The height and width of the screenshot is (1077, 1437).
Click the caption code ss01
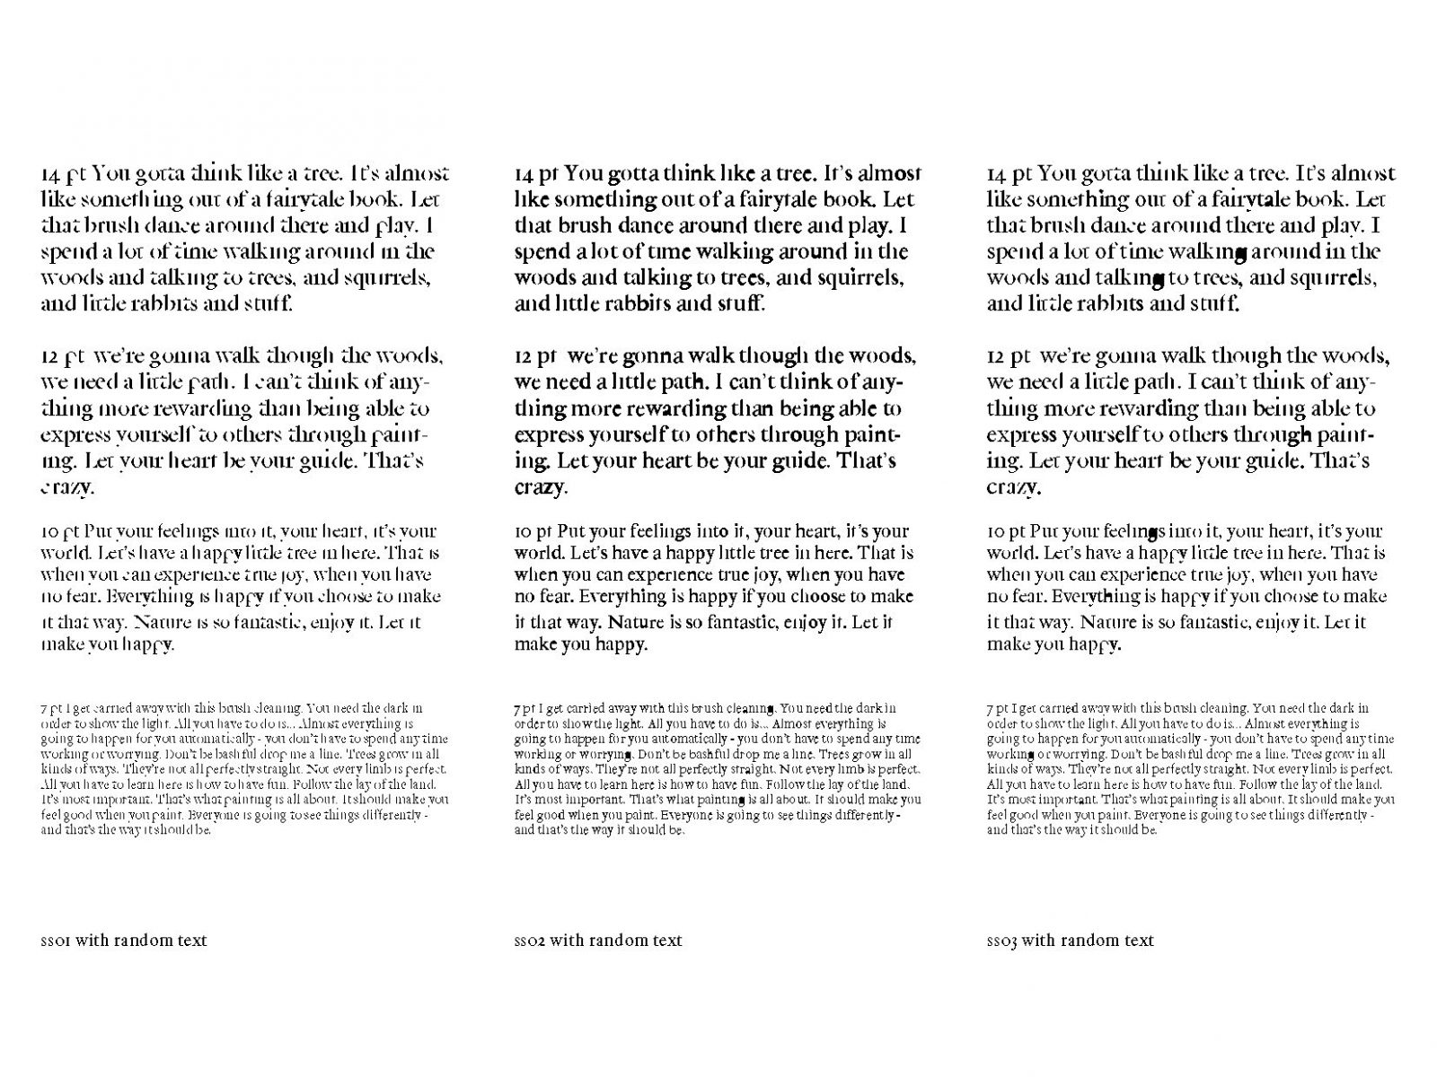[x=57, y=941]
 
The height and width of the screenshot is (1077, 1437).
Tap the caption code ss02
[x=530, y=941]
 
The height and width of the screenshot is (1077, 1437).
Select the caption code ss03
[x=1002, y=941]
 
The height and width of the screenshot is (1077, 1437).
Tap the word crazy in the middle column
[x=540, y=488]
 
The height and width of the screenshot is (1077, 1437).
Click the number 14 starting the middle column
[x=525, y=173]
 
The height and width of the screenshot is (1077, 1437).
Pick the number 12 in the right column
[x=997, y=357]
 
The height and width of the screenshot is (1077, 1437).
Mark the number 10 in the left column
[x=50, y=531]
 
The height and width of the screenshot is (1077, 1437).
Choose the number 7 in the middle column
[x=517, y=708]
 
